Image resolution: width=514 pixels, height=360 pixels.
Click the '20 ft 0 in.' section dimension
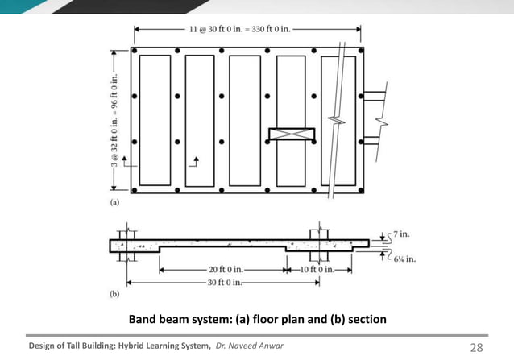pos(222,269)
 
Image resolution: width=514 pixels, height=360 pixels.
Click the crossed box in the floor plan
pos(291,135)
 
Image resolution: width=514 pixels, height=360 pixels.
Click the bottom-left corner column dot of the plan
pos(134,191)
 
